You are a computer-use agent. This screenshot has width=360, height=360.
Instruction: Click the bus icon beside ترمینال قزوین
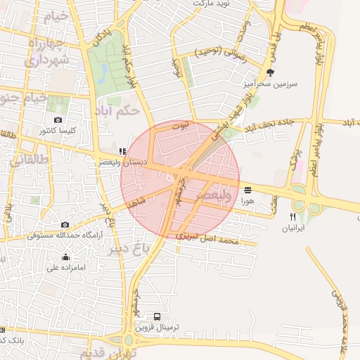157,317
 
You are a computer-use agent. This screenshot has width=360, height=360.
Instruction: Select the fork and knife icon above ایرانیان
292,217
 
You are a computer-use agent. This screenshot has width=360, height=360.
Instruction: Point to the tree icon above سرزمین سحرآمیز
270,72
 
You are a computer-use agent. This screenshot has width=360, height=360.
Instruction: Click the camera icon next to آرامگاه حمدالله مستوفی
65,225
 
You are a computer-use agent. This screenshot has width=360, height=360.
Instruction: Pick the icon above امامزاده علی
65,257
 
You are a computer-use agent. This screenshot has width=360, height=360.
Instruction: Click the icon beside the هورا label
247,190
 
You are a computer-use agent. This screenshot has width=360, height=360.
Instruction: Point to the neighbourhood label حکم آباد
130,111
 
